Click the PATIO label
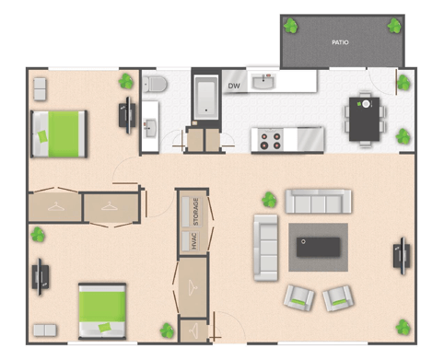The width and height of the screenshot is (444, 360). tap(340, 42)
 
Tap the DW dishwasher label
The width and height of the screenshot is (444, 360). tap(234, 86)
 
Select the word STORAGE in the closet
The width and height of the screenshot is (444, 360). tap(195, 212)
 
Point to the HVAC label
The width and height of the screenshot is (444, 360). tap(194, 241)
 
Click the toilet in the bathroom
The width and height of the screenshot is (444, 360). tap(155, 84)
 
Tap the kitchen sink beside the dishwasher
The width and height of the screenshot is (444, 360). tap(263, 82)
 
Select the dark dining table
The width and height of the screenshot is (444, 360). tap(364, 119)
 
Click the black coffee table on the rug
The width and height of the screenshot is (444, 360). tap(318, 247)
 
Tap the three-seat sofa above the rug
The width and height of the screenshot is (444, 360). tap(318, 201)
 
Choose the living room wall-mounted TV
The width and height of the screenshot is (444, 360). tap(402, 256)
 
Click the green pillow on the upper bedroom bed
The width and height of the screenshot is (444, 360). tap(42, 136)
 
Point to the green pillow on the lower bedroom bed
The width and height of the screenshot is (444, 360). tap(105, 328)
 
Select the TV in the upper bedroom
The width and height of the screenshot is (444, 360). tap(127, 115)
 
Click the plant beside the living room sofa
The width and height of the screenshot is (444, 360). tap(269, 200)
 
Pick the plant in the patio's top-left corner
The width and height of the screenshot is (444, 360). tap(290, 26)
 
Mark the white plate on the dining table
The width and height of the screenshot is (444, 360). tap(366, 104)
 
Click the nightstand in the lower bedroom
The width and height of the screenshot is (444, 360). tap(45, 331)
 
